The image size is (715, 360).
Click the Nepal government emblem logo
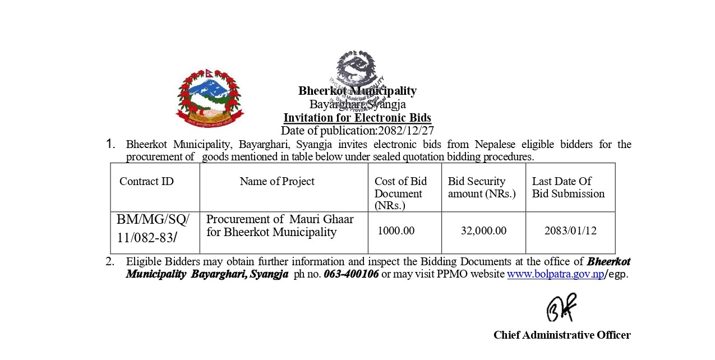tap(210, 98)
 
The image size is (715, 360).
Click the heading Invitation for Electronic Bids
tap(357, 118)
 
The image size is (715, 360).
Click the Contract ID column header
tap(146, 181)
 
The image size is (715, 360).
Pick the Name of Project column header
tap(277, 181)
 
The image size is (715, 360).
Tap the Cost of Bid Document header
tap(400, 193)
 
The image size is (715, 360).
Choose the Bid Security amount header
tap(482, 187)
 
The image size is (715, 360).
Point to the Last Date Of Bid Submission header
tap(568, 187)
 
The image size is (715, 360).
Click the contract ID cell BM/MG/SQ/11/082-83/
tap(153, 228)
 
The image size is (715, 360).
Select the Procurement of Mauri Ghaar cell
tap(280, 225)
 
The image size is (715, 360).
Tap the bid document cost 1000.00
tap(396, 230)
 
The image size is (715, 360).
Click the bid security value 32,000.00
tap(483, 230)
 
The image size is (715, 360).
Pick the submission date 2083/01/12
tap(570, 230)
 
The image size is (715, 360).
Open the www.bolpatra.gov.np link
tap(555, 275)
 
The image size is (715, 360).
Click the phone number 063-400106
tap(351, 275)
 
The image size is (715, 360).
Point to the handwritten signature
tap(561, 307)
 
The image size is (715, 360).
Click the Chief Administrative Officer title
tap(562, 335)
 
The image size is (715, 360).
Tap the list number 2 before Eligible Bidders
tap(110, 261)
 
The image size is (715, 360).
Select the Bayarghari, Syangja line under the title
tap(357, 104)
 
